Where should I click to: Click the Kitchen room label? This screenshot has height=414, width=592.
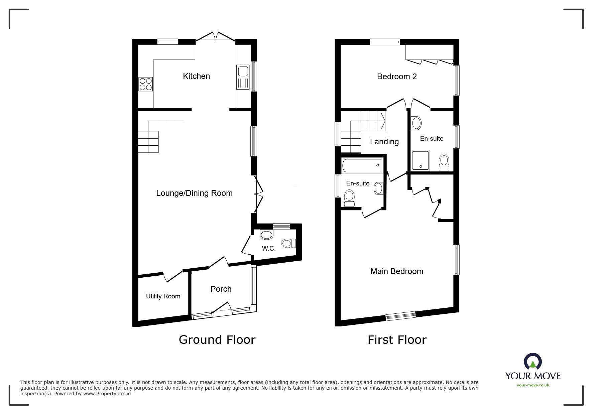pos(196,76)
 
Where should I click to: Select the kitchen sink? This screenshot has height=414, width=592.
pos(243,77)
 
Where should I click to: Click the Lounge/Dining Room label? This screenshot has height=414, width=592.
pos(194,193)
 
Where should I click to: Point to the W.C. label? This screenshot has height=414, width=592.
pos(269,249)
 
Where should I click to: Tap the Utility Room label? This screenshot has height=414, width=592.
pos(163,296)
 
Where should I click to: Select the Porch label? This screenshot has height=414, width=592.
pos(221,289)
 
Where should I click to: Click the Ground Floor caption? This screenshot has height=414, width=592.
pos(217,339)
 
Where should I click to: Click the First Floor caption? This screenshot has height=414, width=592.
pos(397,340)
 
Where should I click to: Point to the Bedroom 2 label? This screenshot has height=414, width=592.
pos(397,77)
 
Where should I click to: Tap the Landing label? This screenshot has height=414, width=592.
pos(384,142)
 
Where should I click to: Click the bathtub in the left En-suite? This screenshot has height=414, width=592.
pos(362,165)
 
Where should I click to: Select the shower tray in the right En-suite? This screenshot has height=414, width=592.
pos(421,160)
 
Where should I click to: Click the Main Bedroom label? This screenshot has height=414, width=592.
pos(397,271)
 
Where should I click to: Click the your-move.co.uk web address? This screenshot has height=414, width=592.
pos(533,385)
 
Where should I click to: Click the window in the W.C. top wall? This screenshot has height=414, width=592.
pos(281,227)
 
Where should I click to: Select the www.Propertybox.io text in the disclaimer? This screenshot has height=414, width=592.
pos(107,394)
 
